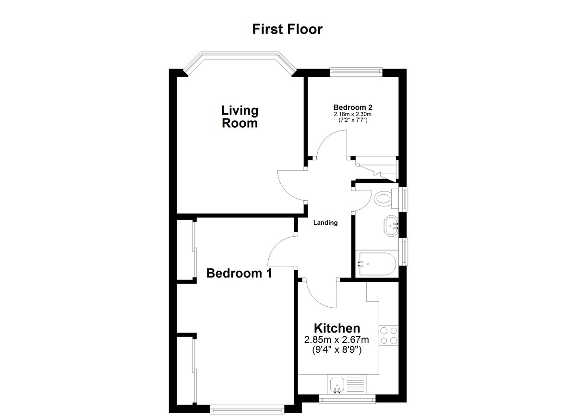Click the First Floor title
(287, 29)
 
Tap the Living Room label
(240, 117)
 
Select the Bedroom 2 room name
(353, 108)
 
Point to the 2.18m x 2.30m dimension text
(352, 114)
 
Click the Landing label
(325, 223)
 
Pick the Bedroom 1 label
(239, 273)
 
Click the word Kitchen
(337, 328)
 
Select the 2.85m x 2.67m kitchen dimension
(336, 340)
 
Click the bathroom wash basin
(391, 226)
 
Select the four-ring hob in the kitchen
(388, 335)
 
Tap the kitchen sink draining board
(355, 385)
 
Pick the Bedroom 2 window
(356, 72)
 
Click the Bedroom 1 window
(247, 409)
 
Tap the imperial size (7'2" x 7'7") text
(352, 120)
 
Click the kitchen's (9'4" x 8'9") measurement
(337, 350)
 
